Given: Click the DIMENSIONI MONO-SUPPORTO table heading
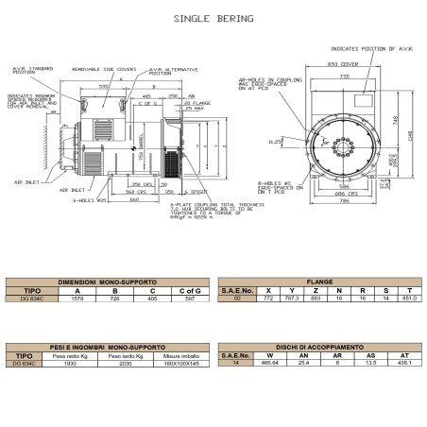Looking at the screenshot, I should [x=107, y=281].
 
